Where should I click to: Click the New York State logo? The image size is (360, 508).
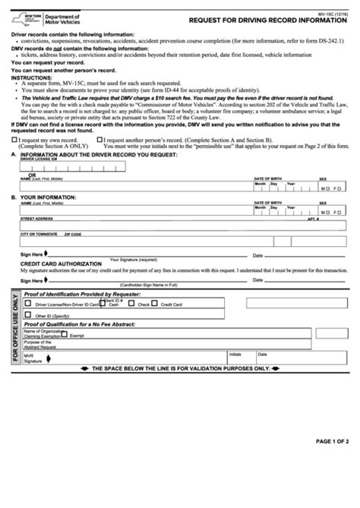[x=23, y=16]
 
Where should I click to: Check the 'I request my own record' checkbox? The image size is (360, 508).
[x=14, y=140]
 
